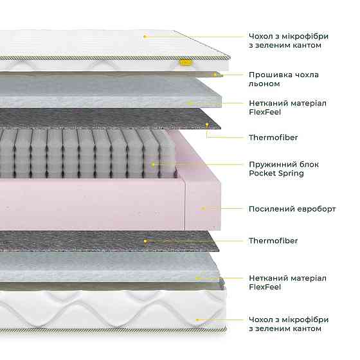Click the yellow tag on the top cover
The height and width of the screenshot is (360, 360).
coord(186,62)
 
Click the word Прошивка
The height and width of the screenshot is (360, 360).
coord(270,75)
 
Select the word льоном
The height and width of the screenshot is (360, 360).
coord(264,84)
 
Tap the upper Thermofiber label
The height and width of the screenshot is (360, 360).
coord(273,138)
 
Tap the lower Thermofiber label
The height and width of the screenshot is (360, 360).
coord(273,240)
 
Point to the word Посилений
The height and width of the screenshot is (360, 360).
coord(272,209)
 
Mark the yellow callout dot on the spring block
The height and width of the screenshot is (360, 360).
coord(153,165)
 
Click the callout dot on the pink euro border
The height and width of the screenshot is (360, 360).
coord(203,208)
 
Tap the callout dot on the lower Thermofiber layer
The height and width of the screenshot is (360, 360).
coord(145,241)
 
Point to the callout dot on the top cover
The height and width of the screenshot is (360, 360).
coord(145,36)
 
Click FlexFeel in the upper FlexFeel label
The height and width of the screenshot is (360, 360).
coord(265,112)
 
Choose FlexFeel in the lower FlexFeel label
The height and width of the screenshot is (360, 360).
coord(265,287)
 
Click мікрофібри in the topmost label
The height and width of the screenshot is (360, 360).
coord(305,37)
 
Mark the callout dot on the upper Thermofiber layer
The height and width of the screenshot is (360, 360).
coord(207,125)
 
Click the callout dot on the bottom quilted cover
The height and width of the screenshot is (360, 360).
coord(197,320)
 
